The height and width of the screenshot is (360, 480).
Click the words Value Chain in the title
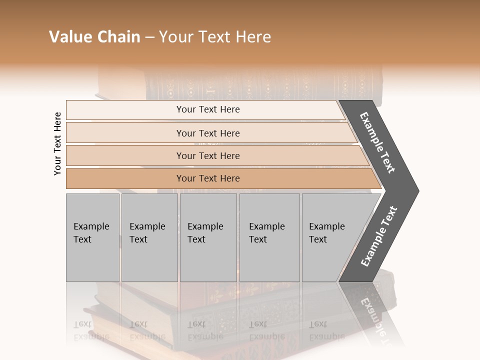click(94, 37)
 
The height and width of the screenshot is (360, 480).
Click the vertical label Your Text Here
click(57, 143)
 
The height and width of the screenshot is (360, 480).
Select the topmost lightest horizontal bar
click(125, 110)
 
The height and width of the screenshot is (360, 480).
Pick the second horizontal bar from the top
click(125, 133)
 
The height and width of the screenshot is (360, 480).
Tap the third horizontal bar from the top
click(125, 155)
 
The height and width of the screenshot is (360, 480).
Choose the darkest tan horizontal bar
click(125, 178)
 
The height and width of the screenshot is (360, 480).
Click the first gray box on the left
click(92, 260)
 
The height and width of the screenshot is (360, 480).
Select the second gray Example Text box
click(149, 260)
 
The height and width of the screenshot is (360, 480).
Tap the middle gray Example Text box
click(208, 260)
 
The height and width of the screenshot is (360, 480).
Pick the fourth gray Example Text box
click(269, 260)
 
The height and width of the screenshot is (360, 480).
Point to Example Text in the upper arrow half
click(378, 142)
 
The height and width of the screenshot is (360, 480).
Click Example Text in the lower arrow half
click(379, 236)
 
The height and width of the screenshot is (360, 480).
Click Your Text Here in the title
click(215, 37)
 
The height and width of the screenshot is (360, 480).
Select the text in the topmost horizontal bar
click(208, 109)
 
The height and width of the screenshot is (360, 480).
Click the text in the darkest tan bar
click(208, 178)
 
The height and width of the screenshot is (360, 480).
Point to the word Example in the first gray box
click(91, 226)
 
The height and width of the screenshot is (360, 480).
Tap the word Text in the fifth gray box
click(318, 239)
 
